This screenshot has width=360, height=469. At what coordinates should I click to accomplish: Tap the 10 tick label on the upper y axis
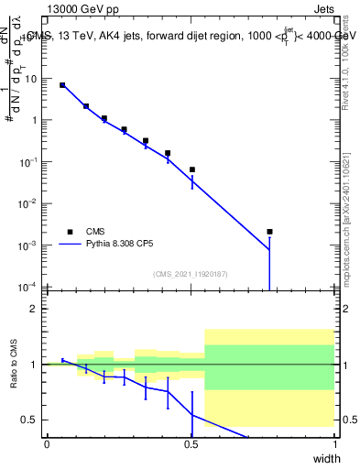click(x=30, y=79)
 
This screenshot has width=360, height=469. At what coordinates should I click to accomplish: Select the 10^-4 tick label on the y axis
click(x=28, y=287)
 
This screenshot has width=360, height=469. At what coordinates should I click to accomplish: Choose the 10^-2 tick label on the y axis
click(x=28, y=203)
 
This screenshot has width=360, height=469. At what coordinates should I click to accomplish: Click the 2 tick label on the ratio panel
click(x=36, y=309)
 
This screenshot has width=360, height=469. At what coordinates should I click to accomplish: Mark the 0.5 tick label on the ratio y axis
click(x=32, y=420)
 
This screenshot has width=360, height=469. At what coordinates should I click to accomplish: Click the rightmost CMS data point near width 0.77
click(x=269, y=232)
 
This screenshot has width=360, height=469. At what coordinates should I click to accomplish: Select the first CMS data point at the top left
click(x=62, y=85)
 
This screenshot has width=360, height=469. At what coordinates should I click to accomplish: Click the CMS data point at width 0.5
click(x=191, y=169)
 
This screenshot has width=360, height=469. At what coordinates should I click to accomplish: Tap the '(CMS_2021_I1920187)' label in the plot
click(x=191, y=274)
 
